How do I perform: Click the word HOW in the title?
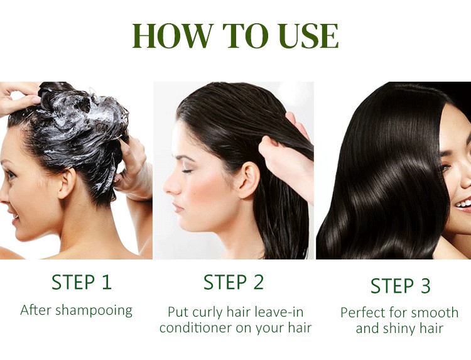[x=173, y=36]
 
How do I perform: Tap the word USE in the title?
[x=308, y=36]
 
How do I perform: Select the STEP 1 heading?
[x=82, y=282]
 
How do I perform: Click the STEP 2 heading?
[x=234, y=282]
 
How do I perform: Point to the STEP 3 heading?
[x=401, y=285]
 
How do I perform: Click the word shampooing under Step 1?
[x=94, y=310]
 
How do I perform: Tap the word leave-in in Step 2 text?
[x=279, y=312]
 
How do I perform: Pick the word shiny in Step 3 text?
[x=401, y=329]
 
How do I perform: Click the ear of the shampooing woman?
[x=67, y=183]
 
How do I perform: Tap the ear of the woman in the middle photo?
[x=249, y=180]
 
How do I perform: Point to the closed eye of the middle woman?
[x=187, y=171]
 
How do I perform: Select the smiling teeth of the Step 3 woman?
[x=464, y=204]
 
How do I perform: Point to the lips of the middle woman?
[x=178, y=207]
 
